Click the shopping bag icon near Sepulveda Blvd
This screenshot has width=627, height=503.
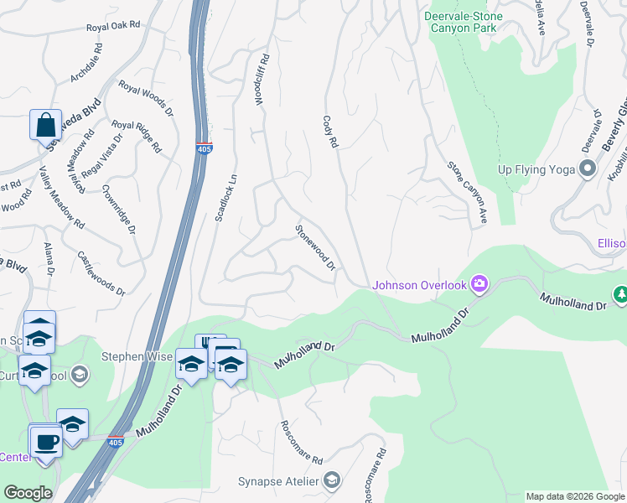[45, 125]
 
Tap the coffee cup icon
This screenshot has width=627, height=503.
[45, 441]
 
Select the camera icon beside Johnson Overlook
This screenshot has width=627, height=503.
[479, 284]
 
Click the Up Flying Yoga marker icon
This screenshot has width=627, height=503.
[588, 169]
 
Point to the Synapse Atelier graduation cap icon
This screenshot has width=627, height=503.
[332, 480]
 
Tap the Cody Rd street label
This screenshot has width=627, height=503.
[329, 132]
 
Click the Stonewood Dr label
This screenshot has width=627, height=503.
[315, 247]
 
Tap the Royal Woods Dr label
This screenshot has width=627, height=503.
[146, 98]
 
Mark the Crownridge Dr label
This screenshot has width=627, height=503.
[118, 210]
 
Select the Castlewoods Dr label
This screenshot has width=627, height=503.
[101, 273]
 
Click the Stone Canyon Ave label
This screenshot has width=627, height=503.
[467, 193]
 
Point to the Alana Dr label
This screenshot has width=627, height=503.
[49, 260]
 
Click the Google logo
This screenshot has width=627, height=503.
[28, 493]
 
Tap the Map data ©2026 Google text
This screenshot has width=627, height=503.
[574, 496]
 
